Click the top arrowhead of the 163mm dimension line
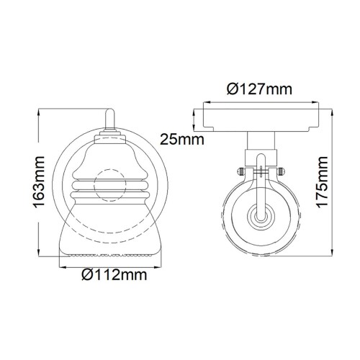[x=40, y=112]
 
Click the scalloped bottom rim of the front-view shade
[x=111, y=253]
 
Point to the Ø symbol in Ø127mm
[x=232, y=90]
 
